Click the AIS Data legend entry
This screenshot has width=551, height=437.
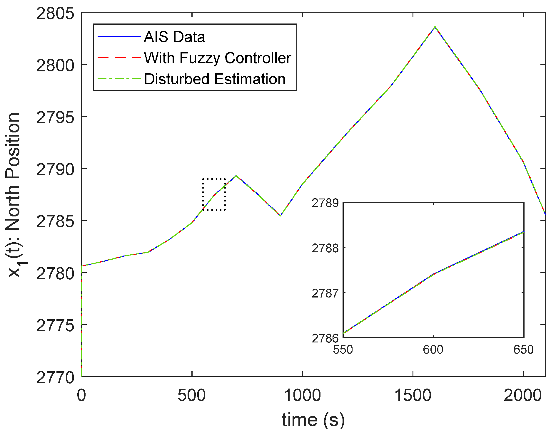[x=174, y=37]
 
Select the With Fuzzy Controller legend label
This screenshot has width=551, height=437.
[x=217, y=58]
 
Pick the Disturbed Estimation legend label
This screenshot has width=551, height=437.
[x=215, y=79]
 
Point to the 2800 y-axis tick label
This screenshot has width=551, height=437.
[x=55, y=65]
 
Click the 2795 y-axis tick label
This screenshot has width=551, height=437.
[x=55, y=117]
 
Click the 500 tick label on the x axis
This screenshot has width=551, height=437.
[x=192, y=395]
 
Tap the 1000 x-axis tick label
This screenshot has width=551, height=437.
[x=302, y=395]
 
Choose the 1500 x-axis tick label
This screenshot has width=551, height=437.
[x=413, y=395]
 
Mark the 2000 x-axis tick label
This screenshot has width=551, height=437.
[x=523, y=395]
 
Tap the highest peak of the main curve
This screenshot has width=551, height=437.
[x=435, y=27]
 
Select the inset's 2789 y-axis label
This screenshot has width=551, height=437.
[x=325, y=203]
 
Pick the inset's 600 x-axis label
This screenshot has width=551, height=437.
[x=433, y=350]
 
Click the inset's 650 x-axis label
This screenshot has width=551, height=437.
[x=523, y=350]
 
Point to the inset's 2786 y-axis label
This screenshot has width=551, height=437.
[x=325, y=338]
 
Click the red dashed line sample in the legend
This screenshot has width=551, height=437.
[x=119, y=58]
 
